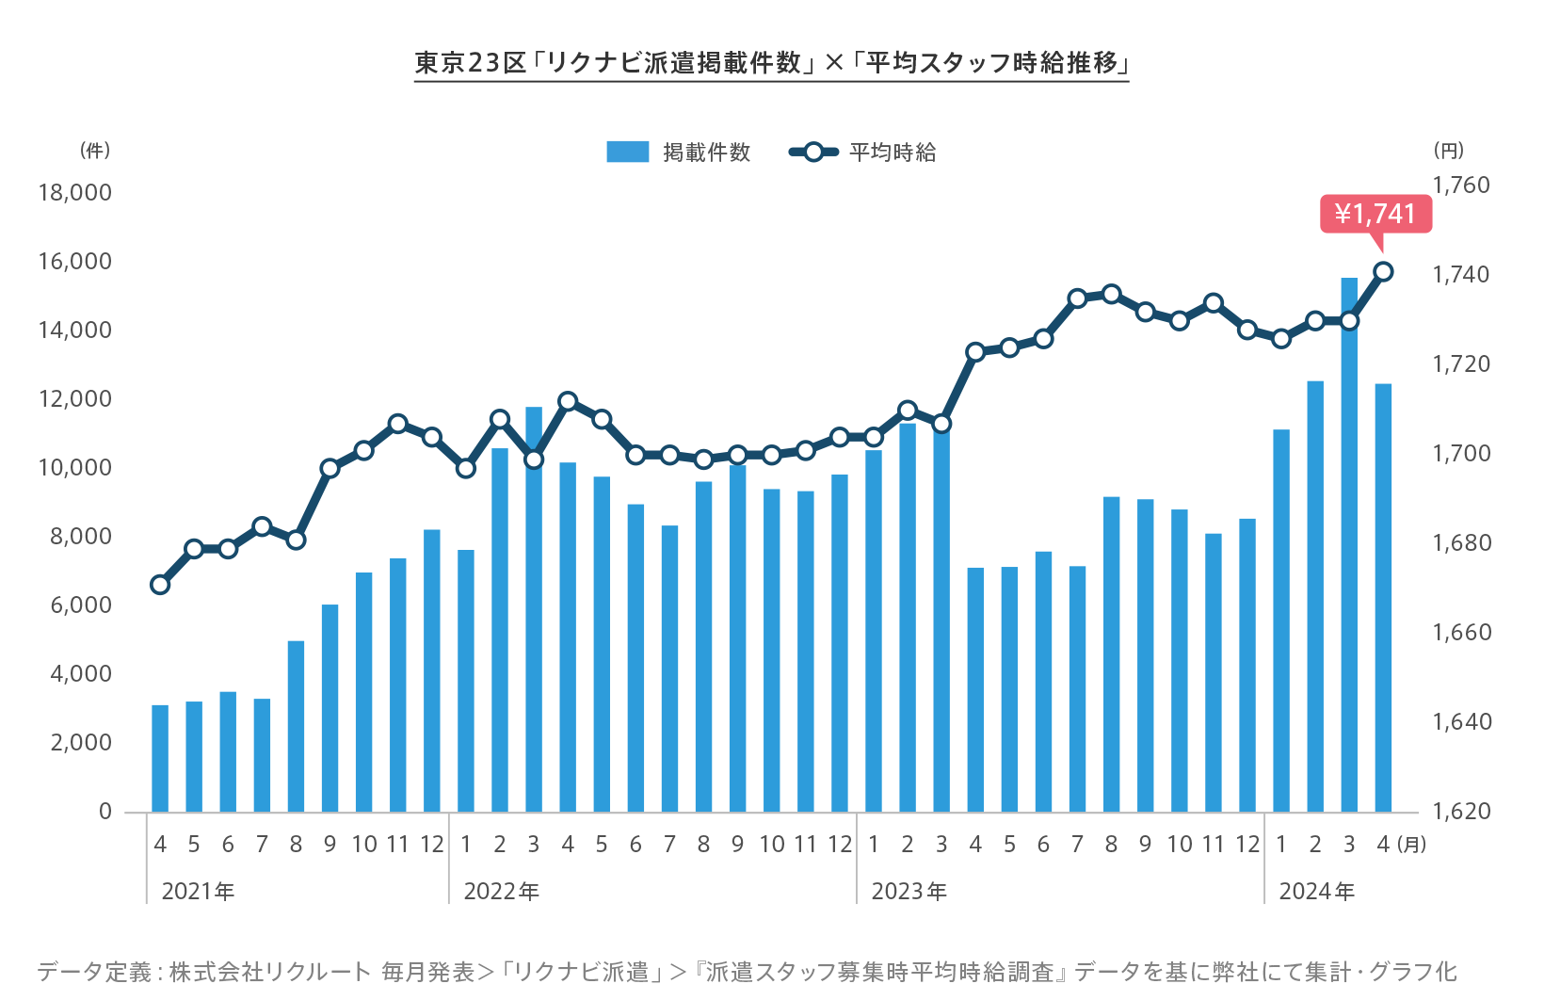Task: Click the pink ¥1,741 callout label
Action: coord(1375,214)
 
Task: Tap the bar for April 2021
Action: coord(160,758)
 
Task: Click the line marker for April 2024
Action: coord(1383,272)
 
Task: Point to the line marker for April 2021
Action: coord(160,585)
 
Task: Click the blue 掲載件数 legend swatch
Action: coord(627,152)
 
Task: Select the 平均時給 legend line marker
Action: coord(813,152)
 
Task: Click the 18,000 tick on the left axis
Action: coord(74,193)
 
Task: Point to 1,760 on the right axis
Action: coord(1461,185)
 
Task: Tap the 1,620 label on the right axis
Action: coord(1461,812)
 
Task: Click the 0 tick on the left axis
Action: coord(105,812)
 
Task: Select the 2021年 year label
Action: coord(198,892)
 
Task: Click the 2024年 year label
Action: coord(1316,892)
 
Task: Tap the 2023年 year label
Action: coord(909,892)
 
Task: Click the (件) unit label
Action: coord(95,151)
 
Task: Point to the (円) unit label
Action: coord(1448,151)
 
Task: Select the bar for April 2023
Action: coord(975,689)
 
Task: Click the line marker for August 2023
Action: coord(1111,295)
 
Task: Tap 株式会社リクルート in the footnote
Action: coord(270,972)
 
